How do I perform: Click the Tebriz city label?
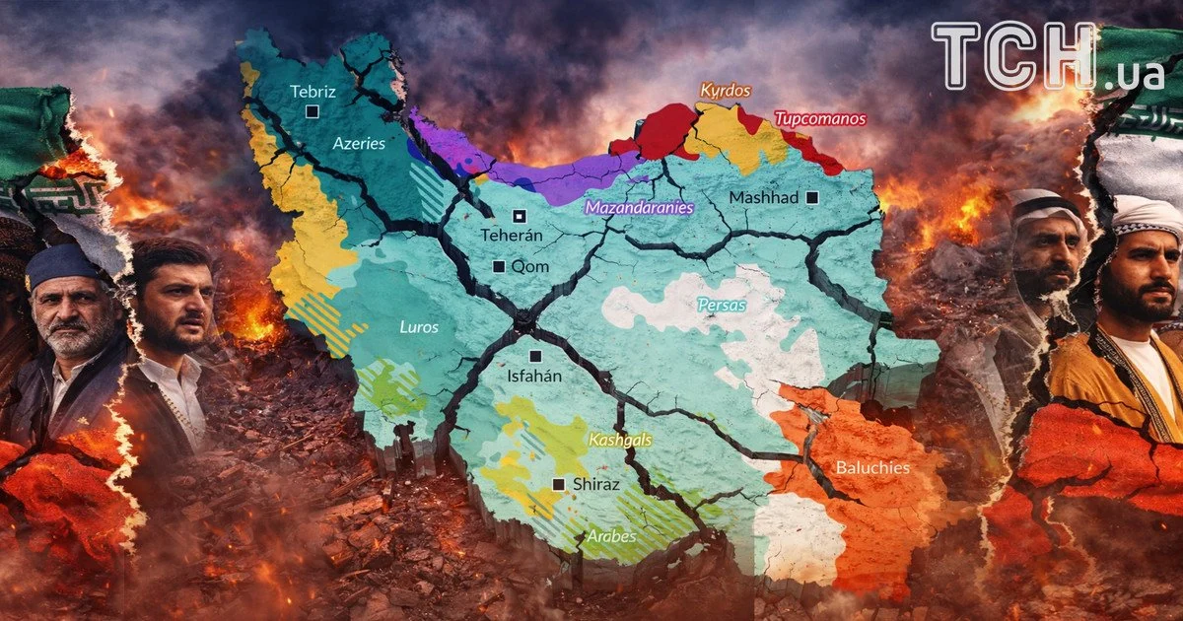tap(313, 92)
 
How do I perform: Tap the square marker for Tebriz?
tap(313, 112)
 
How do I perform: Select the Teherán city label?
tap(512, 236)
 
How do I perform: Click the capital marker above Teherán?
tap(519, 216)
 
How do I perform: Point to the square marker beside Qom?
tap(499, 266)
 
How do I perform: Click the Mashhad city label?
tap(763, 198)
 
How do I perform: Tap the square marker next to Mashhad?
tap(812, 198)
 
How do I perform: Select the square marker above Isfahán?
tap(535, 356)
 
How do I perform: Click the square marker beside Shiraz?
tap(559, 484)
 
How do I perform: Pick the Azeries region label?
tap(358, 143)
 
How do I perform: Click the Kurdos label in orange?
tap(726, 91)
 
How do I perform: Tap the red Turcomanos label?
tap(820, 119)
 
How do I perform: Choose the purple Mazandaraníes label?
tap(639, 208)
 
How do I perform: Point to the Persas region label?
tap(722, 306)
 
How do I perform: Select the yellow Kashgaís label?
tap(620, 441)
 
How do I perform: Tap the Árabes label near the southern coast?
tap(611, 537)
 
